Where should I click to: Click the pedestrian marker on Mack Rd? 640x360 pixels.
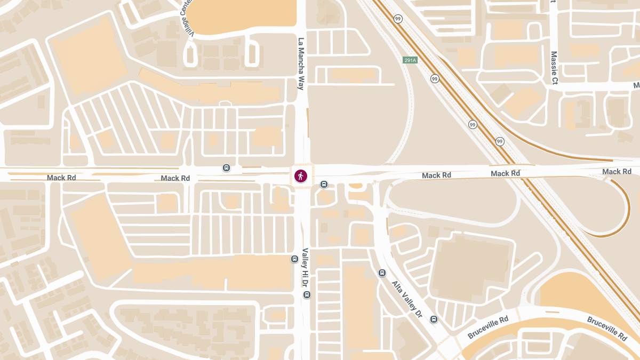pos(301,176)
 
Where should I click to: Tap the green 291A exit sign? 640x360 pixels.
pos(410,60)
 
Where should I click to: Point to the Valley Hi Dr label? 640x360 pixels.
pos(306,269)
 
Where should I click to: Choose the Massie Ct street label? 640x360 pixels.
pos(554,68)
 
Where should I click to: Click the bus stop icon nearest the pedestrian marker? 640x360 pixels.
pos(324,185)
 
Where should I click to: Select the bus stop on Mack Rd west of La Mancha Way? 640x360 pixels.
pos(227,168)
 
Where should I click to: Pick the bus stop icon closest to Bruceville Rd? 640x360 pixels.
pos(434,319)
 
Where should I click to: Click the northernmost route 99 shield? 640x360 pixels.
pos(398,19)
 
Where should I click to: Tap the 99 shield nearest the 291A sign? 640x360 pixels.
pos(435,79)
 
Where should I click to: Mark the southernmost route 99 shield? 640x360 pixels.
pos(500,141)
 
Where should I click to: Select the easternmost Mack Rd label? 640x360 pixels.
pos(617,171)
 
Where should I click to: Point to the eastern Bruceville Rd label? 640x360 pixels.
pos(606,328)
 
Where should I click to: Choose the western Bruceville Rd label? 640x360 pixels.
pos(488,326)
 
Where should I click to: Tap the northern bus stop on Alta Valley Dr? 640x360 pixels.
pos(382,273)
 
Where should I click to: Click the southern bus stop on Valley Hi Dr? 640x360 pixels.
pos(307,295)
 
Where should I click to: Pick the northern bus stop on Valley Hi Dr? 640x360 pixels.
pos(294,259)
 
